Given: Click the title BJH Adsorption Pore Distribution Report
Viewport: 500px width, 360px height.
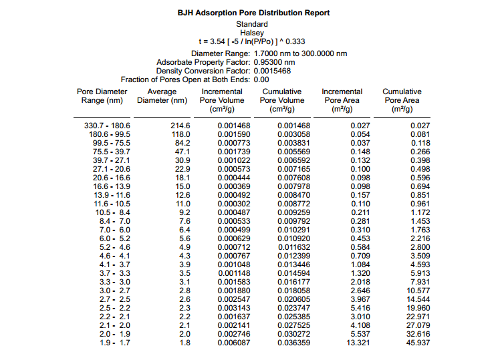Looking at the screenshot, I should pyautogui.click(x=253, y=13).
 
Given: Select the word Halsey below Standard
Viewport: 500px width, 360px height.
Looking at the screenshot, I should pyautogui.click(x=252, y=33).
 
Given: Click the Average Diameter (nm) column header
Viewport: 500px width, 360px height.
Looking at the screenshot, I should pyautogui.click(x=162, y=96).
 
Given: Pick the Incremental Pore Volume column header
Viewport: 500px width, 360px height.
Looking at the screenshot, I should pyautogui.click(x=222, y=100).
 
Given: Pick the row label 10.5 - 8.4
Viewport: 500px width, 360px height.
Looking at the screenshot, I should pyautogui.click(x=108, y=212).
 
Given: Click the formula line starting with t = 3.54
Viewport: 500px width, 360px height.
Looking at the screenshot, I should pyautogui.click(x=252, y=41).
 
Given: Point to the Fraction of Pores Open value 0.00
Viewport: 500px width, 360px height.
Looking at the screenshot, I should pyautogui.click(x=262, y=79).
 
